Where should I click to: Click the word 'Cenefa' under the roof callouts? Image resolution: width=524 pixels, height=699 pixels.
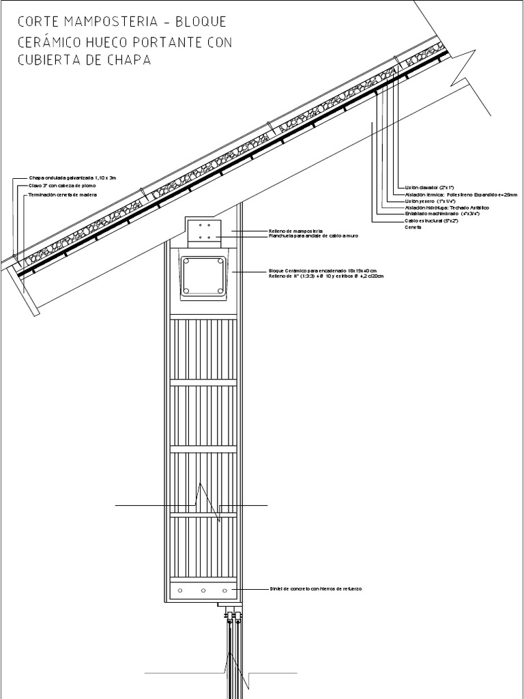click(x=413, y=227)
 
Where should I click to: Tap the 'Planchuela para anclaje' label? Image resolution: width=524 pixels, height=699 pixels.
click(x=313, y=236)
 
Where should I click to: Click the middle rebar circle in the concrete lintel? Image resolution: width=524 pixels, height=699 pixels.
click(x=203, y=589)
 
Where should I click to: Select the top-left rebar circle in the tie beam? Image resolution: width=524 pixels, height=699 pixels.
click(x=186, y=263)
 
